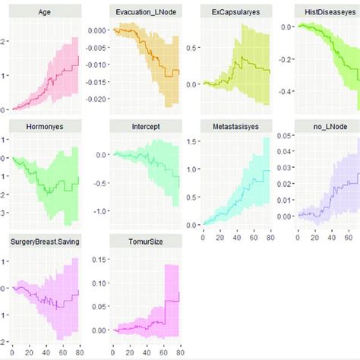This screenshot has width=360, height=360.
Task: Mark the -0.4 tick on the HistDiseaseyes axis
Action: (286, 91)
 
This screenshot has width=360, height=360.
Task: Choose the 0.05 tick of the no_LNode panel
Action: (286, 135)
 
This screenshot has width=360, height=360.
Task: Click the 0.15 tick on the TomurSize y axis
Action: (97, 260)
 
